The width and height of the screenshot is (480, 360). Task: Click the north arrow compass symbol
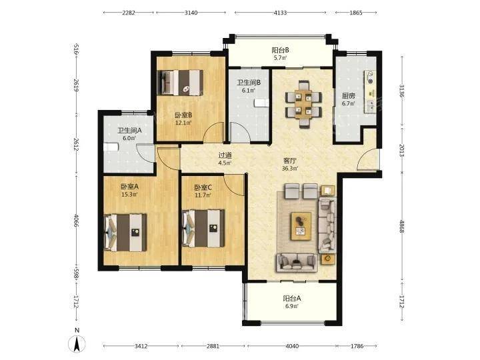coord(77,344)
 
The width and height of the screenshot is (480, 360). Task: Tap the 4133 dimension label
coord(280,13)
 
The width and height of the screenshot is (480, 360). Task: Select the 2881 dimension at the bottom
coord(213,346)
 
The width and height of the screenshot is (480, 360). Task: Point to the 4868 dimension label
coord(402,225)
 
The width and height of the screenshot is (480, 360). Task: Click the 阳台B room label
coord(280,50)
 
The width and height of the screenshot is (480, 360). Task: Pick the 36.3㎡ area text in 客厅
coord(289,168)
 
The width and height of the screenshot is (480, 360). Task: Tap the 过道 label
coord(225,155)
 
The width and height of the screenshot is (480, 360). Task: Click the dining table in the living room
coord(303,104)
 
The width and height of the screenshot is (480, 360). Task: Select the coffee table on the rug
coord(301,226)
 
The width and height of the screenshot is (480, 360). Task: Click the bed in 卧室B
coord(181,83)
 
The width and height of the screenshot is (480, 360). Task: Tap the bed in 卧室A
coord(125,233)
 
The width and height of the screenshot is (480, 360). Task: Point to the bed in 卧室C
coord(203,229)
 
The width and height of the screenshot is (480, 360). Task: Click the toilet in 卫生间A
coord(110,147)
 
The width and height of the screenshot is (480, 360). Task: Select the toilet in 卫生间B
coord(261,103)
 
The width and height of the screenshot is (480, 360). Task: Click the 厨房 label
coord(349,96)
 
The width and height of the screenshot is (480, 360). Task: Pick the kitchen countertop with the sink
coord(370,91)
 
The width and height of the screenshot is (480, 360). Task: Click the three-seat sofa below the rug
coord(297,263)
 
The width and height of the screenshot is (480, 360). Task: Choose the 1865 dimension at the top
coord(356,13)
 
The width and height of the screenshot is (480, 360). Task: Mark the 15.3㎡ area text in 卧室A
coord(129,194)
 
